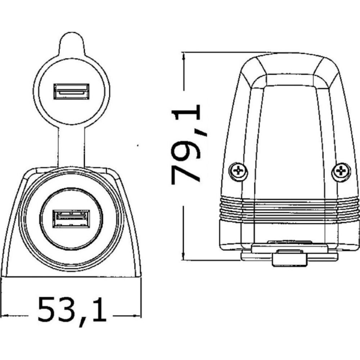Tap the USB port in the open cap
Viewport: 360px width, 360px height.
coord(71,91)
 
